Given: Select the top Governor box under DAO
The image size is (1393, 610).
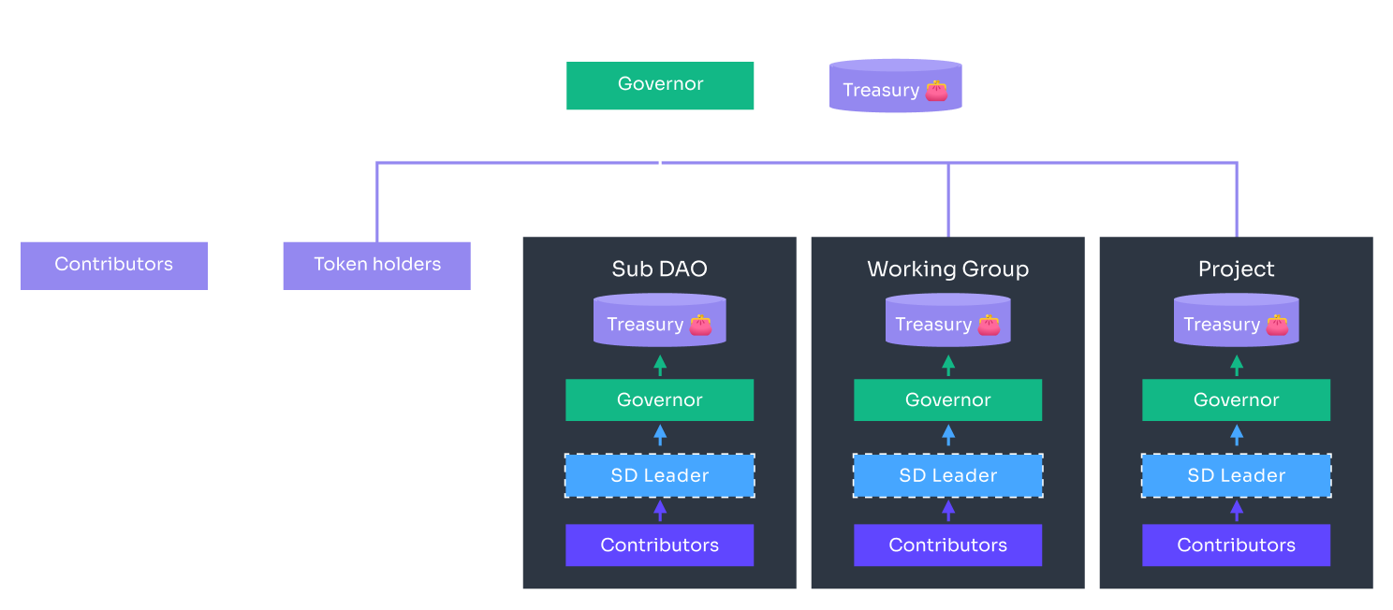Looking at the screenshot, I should tap(660, 85).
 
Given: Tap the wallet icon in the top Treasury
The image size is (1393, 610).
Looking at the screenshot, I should tap(936, 91).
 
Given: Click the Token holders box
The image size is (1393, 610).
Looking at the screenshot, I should tap(376, 265).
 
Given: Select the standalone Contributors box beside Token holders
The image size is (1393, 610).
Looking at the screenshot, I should tap(114, 265).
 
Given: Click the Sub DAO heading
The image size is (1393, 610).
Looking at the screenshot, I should tap(659, 269).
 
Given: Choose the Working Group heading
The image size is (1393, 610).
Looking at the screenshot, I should tap(947, 269).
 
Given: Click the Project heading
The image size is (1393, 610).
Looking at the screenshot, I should tap(1236, 269).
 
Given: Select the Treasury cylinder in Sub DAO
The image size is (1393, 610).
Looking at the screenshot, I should tap(660, 321).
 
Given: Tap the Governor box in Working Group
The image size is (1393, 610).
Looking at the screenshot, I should tap(947, 400).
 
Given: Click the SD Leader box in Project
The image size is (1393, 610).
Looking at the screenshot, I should tap(1236, 475).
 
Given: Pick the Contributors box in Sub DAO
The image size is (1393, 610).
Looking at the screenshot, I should tap(659, 545).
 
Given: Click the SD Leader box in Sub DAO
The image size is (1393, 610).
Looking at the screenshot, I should tap(659, 475).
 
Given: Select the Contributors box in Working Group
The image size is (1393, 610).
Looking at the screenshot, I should tap(947, 545).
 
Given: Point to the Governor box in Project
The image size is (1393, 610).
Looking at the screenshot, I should tap(1236, 400).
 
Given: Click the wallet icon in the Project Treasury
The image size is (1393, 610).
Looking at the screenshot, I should tap(1277, 325).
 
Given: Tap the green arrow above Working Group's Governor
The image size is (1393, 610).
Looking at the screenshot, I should tap(948, 365).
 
